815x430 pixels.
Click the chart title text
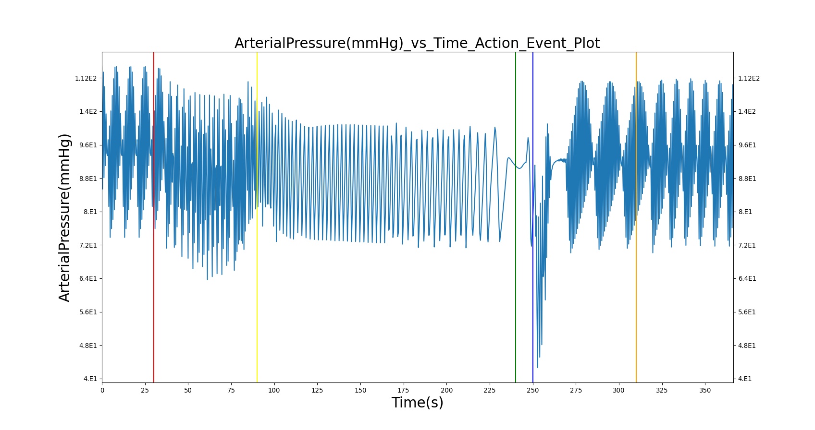417,43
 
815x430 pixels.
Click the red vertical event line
154,217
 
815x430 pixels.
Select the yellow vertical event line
257,217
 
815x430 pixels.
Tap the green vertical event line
516,217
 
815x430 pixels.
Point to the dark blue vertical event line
532,217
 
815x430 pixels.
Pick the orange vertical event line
636,217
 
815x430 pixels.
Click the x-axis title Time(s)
417,403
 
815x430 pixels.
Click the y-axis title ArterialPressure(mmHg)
64,218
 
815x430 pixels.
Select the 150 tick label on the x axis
360,390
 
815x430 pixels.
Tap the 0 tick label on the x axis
102,390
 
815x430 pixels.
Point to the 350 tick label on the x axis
705,390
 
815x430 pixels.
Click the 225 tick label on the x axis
489,390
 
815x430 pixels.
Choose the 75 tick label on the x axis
231,390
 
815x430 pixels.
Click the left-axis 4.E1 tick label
90,379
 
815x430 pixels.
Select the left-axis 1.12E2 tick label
86,78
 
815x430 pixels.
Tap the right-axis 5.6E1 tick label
747,312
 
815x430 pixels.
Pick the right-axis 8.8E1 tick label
747,179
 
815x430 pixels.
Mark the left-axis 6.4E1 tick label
88,278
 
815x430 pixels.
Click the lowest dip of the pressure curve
538,367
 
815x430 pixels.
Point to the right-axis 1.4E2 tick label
747,111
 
